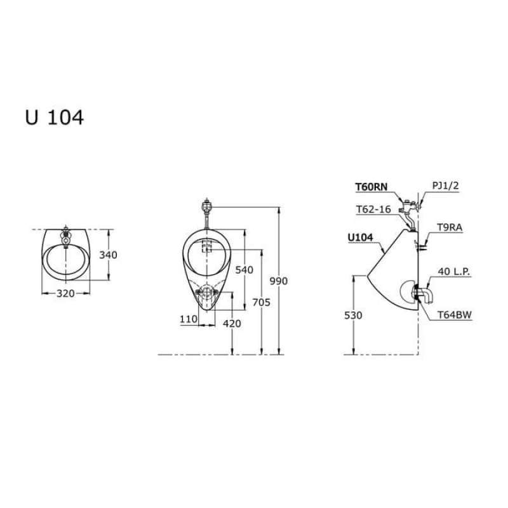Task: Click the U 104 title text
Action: pyautogui.click(x=55, y=117)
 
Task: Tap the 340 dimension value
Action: pyautogui.click(x=108, y=255)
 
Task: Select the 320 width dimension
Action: pyautogui.click(x=66, y=293)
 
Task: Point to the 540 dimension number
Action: pyautogui.click(x=244, y=269)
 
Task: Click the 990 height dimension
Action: pyautogui.click(x=279, y=281)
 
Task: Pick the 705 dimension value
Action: pyautogui.click(x=262, y=302)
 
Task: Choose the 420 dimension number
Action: pyautogui.click(x=232, y=323)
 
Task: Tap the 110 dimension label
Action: pyautogui.click(x=189, y=319)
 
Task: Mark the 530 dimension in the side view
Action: pyautogui.click(x=353, y=315)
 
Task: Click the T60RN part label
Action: pyautogui.click(x=371, y=187)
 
